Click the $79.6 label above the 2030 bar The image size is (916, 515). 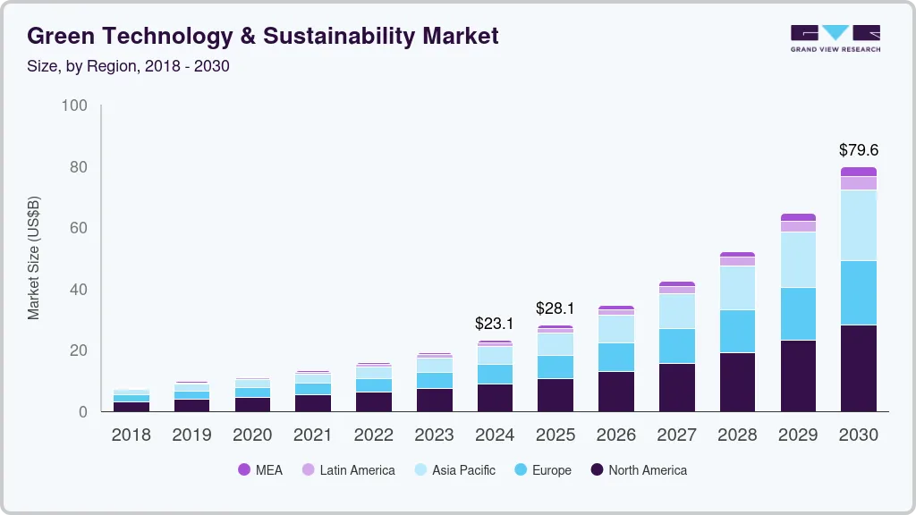(858, 149)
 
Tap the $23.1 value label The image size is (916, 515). (495, 324)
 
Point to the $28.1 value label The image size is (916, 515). (555, 308)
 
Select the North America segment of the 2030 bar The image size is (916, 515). (858, 367)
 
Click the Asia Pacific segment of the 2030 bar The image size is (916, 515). (858, 225)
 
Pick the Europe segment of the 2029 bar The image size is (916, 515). (797, 313)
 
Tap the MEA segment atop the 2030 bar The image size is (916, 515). (858, 172)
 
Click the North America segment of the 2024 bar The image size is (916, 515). (495, 397)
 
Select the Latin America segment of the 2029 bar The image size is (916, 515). (797, 226)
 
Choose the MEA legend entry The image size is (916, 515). (260, 470)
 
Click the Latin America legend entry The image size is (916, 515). (348, 470)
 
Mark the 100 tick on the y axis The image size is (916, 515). (75, 106)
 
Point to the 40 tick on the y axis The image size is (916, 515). (79, 290)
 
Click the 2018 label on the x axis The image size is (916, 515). (131, 435)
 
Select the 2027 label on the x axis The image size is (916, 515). (676, 435)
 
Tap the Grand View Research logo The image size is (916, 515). (835, 38)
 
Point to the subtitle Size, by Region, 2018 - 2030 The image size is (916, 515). (129, 66)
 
